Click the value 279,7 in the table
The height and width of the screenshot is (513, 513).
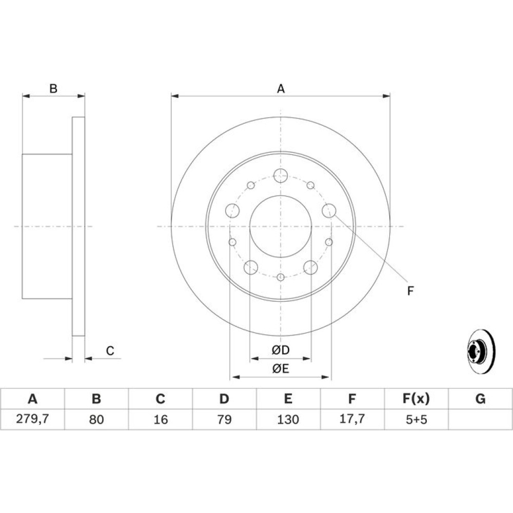[32, 419]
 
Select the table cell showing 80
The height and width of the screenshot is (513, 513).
[96, 419]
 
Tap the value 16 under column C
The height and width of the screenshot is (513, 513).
[160, 419]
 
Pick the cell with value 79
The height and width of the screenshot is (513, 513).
[224, 419]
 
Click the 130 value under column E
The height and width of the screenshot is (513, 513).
[288, 419]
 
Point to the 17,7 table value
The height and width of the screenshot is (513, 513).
[352, 419]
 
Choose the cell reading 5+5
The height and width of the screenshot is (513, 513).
[416, 419]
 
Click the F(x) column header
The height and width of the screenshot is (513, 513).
[416, 399]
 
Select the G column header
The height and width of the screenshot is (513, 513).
[480, 399]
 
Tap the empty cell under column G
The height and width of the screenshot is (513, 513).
[480, 419]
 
